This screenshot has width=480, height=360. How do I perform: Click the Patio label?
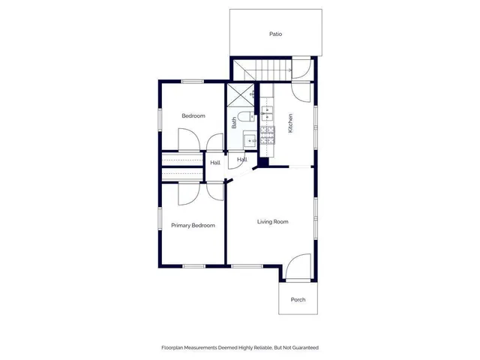(275, 34)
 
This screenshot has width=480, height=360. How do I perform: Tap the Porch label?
(297, 300)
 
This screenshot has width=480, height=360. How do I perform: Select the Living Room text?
(273, 221)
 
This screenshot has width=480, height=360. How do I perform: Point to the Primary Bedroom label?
(193, 226)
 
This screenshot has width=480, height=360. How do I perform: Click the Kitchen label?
(290, 123)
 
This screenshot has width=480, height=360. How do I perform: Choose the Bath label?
(234, 122)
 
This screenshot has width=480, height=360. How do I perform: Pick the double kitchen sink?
(267, 113)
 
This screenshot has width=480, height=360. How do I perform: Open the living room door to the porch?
(298, 266)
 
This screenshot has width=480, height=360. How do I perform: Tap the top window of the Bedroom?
(193, 81)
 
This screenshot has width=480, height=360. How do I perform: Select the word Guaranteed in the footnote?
(298, 348)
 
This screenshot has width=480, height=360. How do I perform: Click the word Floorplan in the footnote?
(176, 348)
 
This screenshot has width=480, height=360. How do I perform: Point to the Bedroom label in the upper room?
(193, 116)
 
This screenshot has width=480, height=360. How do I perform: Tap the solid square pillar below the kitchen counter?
(263, 162)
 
